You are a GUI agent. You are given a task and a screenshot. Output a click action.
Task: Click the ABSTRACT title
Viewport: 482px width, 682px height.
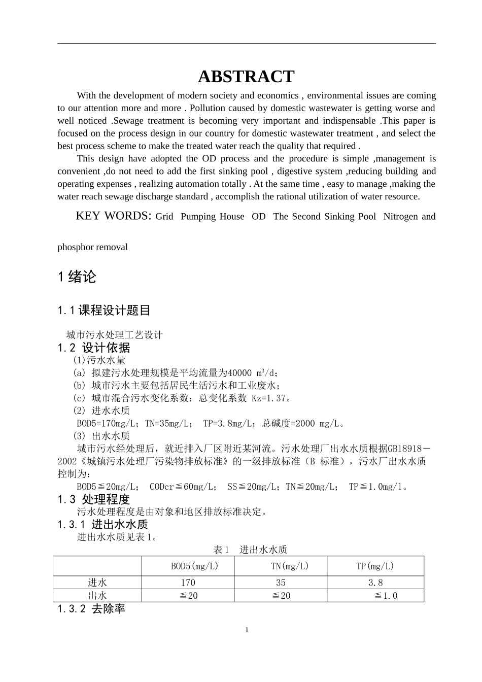click(246, 77)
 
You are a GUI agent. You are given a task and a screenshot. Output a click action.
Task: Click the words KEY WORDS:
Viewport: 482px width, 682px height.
click(113, 216)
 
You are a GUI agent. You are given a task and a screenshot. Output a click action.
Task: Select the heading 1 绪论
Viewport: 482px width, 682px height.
click(77, 277)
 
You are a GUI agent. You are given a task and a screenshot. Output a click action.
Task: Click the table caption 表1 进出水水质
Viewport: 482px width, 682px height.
click(250, 550)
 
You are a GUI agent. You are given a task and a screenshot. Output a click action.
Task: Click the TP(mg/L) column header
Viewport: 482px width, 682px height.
click(375, 566)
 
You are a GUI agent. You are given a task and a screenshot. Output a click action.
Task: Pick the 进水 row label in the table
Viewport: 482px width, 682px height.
click(97, 583)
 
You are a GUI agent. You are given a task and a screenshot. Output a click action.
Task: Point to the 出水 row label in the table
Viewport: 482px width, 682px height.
click(97, 595)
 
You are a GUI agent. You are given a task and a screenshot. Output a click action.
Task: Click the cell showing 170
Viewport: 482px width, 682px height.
click(188, 583)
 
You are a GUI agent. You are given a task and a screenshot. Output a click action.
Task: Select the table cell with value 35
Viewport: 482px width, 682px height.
click(281, 583)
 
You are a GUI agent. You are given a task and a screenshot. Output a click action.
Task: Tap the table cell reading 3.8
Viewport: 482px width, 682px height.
click(375, 583)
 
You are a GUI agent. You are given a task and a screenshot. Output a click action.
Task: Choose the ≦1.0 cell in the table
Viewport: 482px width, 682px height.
click(386, 595)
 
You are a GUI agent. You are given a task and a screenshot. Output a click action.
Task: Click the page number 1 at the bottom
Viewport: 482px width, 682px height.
click(247, 630)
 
